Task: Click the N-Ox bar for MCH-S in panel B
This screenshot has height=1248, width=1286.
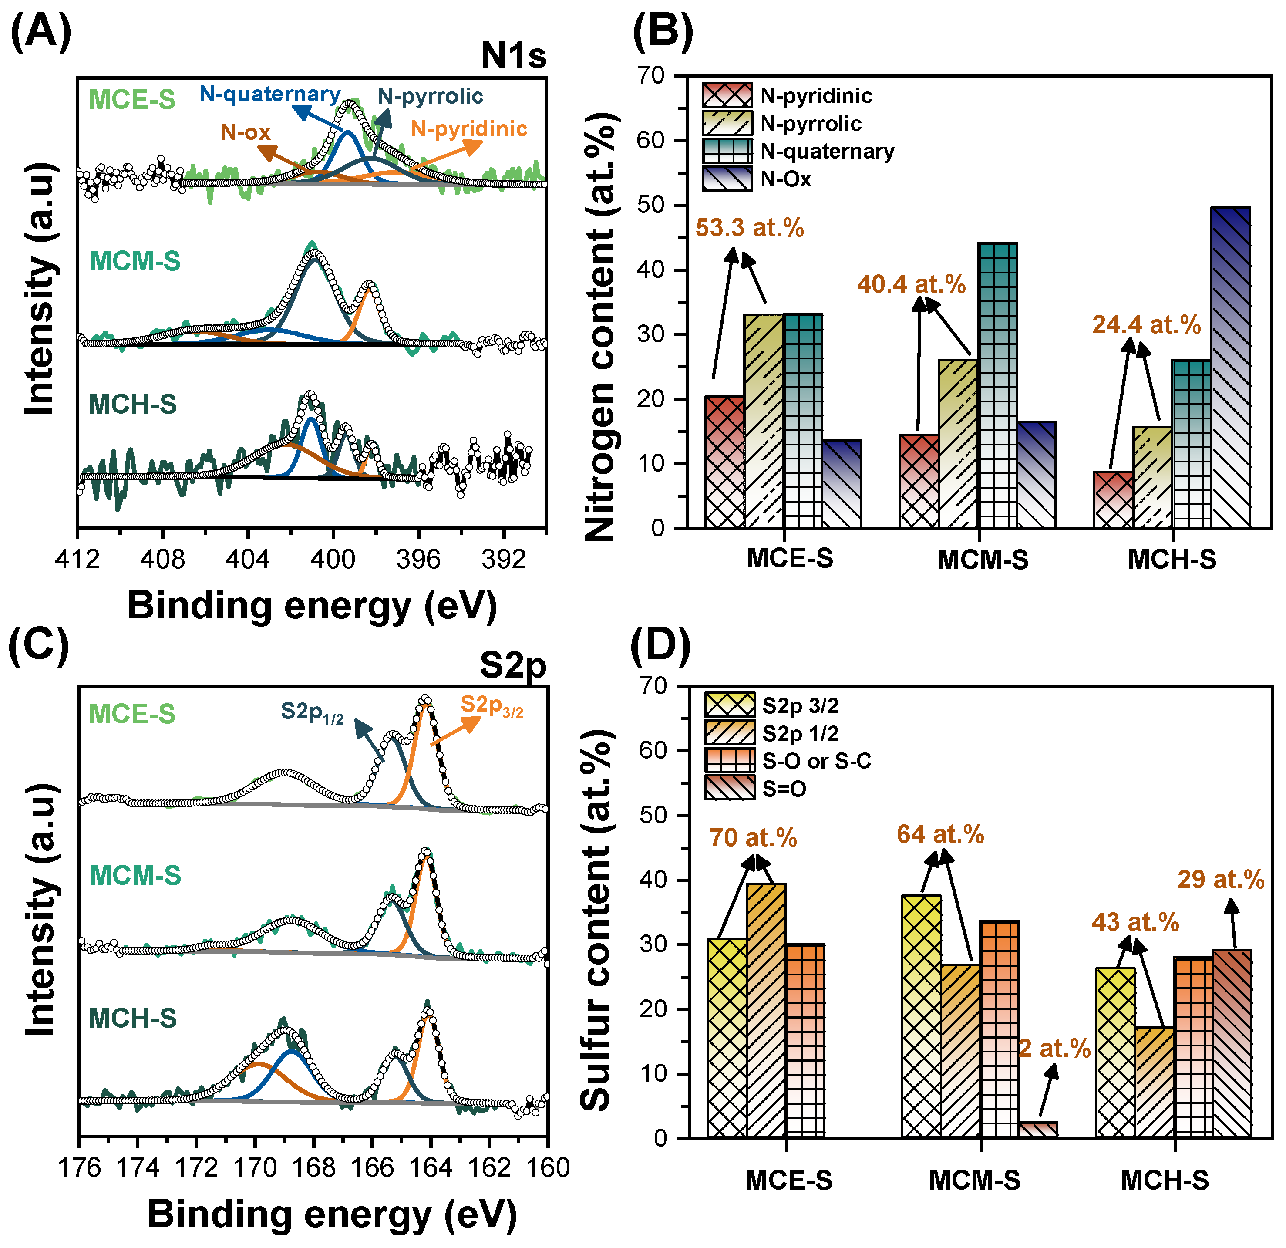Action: click(1230, 368)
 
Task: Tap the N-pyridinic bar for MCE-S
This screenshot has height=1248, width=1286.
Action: click(724, 462)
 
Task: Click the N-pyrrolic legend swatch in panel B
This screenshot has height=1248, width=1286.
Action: click(727, 123)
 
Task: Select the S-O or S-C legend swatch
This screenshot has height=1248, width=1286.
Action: click(730, 760)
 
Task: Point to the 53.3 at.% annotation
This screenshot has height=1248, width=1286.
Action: click(749, 228)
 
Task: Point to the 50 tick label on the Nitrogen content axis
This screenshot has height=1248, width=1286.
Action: click(650, 206)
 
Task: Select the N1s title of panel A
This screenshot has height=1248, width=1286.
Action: click(513, 56)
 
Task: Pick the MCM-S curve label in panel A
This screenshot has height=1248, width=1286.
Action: click(135, 261)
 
